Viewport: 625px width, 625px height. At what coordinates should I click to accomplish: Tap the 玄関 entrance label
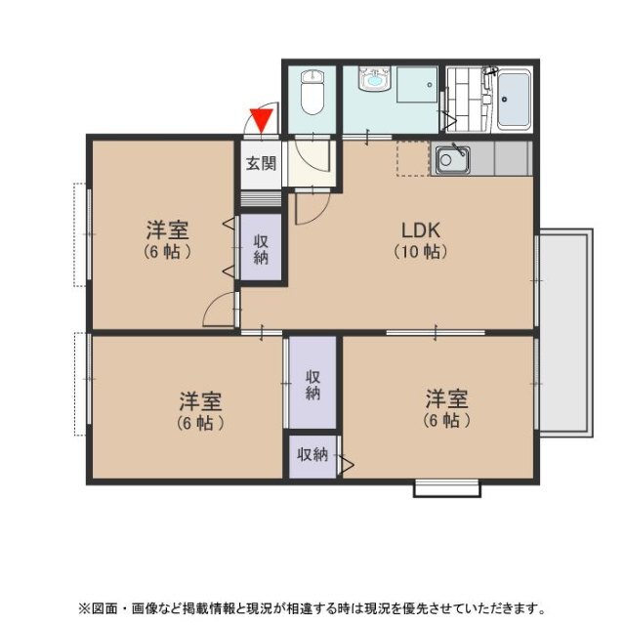point(261,163)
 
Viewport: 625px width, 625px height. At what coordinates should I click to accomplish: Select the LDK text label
point(421,230)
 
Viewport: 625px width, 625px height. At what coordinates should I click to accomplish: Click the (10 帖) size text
point(421,252)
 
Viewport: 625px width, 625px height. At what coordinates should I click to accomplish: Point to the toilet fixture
point(312,92)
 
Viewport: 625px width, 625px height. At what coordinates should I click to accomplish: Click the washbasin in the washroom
point(374,78)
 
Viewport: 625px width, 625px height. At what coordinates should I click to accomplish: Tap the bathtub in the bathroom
point(515,100)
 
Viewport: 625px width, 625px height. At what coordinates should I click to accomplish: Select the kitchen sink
point(452,160)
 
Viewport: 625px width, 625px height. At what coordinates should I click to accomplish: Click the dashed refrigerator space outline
point(413,158)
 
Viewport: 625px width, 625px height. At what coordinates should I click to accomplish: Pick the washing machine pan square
point(417,85)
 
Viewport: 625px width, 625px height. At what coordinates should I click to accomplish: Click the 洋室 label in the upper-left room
point(167,229)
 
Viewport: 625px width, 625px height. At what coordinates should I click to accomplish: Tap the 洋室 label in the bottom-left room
point(200,401)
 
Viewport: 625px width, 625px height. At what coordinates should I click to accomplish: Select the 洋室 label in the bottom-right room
point(446,399)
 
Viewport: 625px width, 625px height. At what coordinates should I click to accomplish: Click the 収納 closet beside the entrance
point(261,250)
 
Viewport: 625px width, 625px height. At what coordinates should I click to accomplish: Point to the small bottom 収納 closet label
point(312,454)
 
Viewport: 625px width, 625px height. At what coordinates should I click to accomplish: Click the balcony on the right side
point(566,333)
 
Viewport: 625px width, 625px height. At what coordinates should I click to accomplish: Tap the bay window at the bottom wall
point(447,488)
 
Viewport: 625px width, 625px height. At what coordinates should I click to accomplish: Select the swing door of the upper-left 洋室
point(220,310)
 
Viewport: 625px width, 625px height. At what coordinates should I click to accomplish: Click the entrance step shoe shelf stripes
point(261,199)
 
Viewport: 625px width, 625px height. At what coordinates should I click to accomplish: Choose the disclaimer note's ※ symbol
point(85,608)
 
